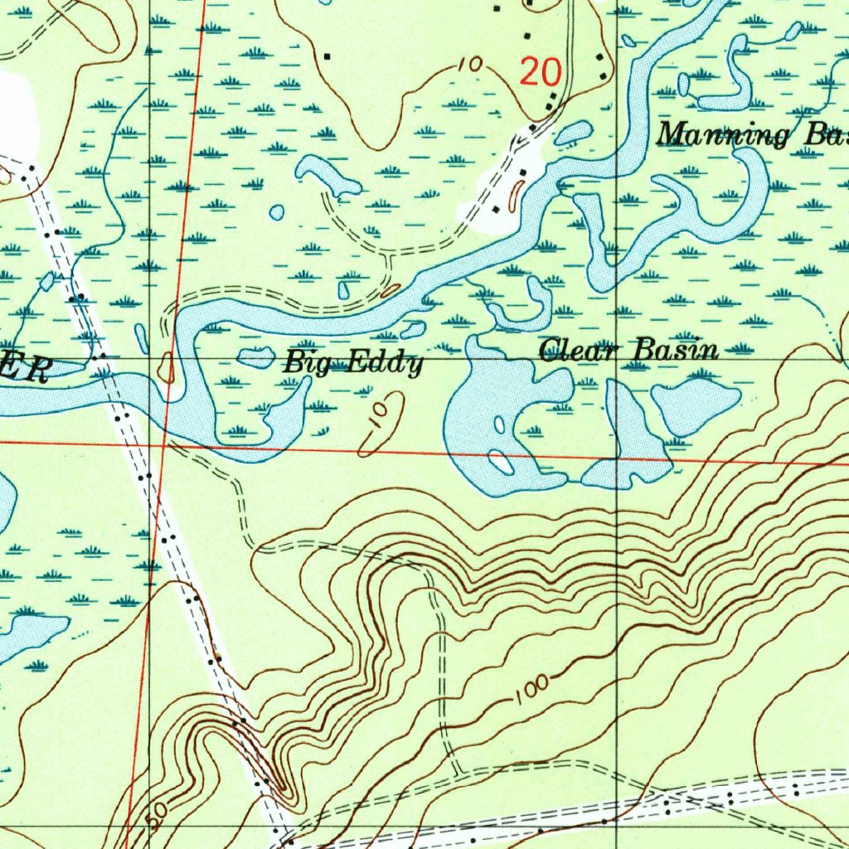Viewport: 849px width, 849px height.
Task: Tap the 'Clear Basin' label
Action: [x=628, y=350]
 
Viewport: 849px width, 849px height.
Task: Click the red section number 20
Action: [x=541, y=75]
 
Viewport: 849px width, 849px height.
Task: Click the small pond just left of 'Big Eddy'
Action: [x=256, y=357]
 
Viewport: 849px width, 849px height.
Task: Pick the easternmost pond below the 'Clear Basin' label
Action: [x=694, y=403]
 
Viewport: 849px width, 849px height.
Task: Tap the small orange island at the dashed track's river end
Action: [x=391, y=290]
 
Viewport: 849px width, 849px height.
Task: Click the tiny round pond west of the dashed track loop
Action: [x=277, y=212]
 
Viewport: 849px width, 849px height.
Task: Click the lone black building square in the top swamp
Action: [x=327, y=56]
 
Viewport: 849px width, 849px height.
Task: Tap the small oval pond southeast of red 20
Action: [x=572, y=132]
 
